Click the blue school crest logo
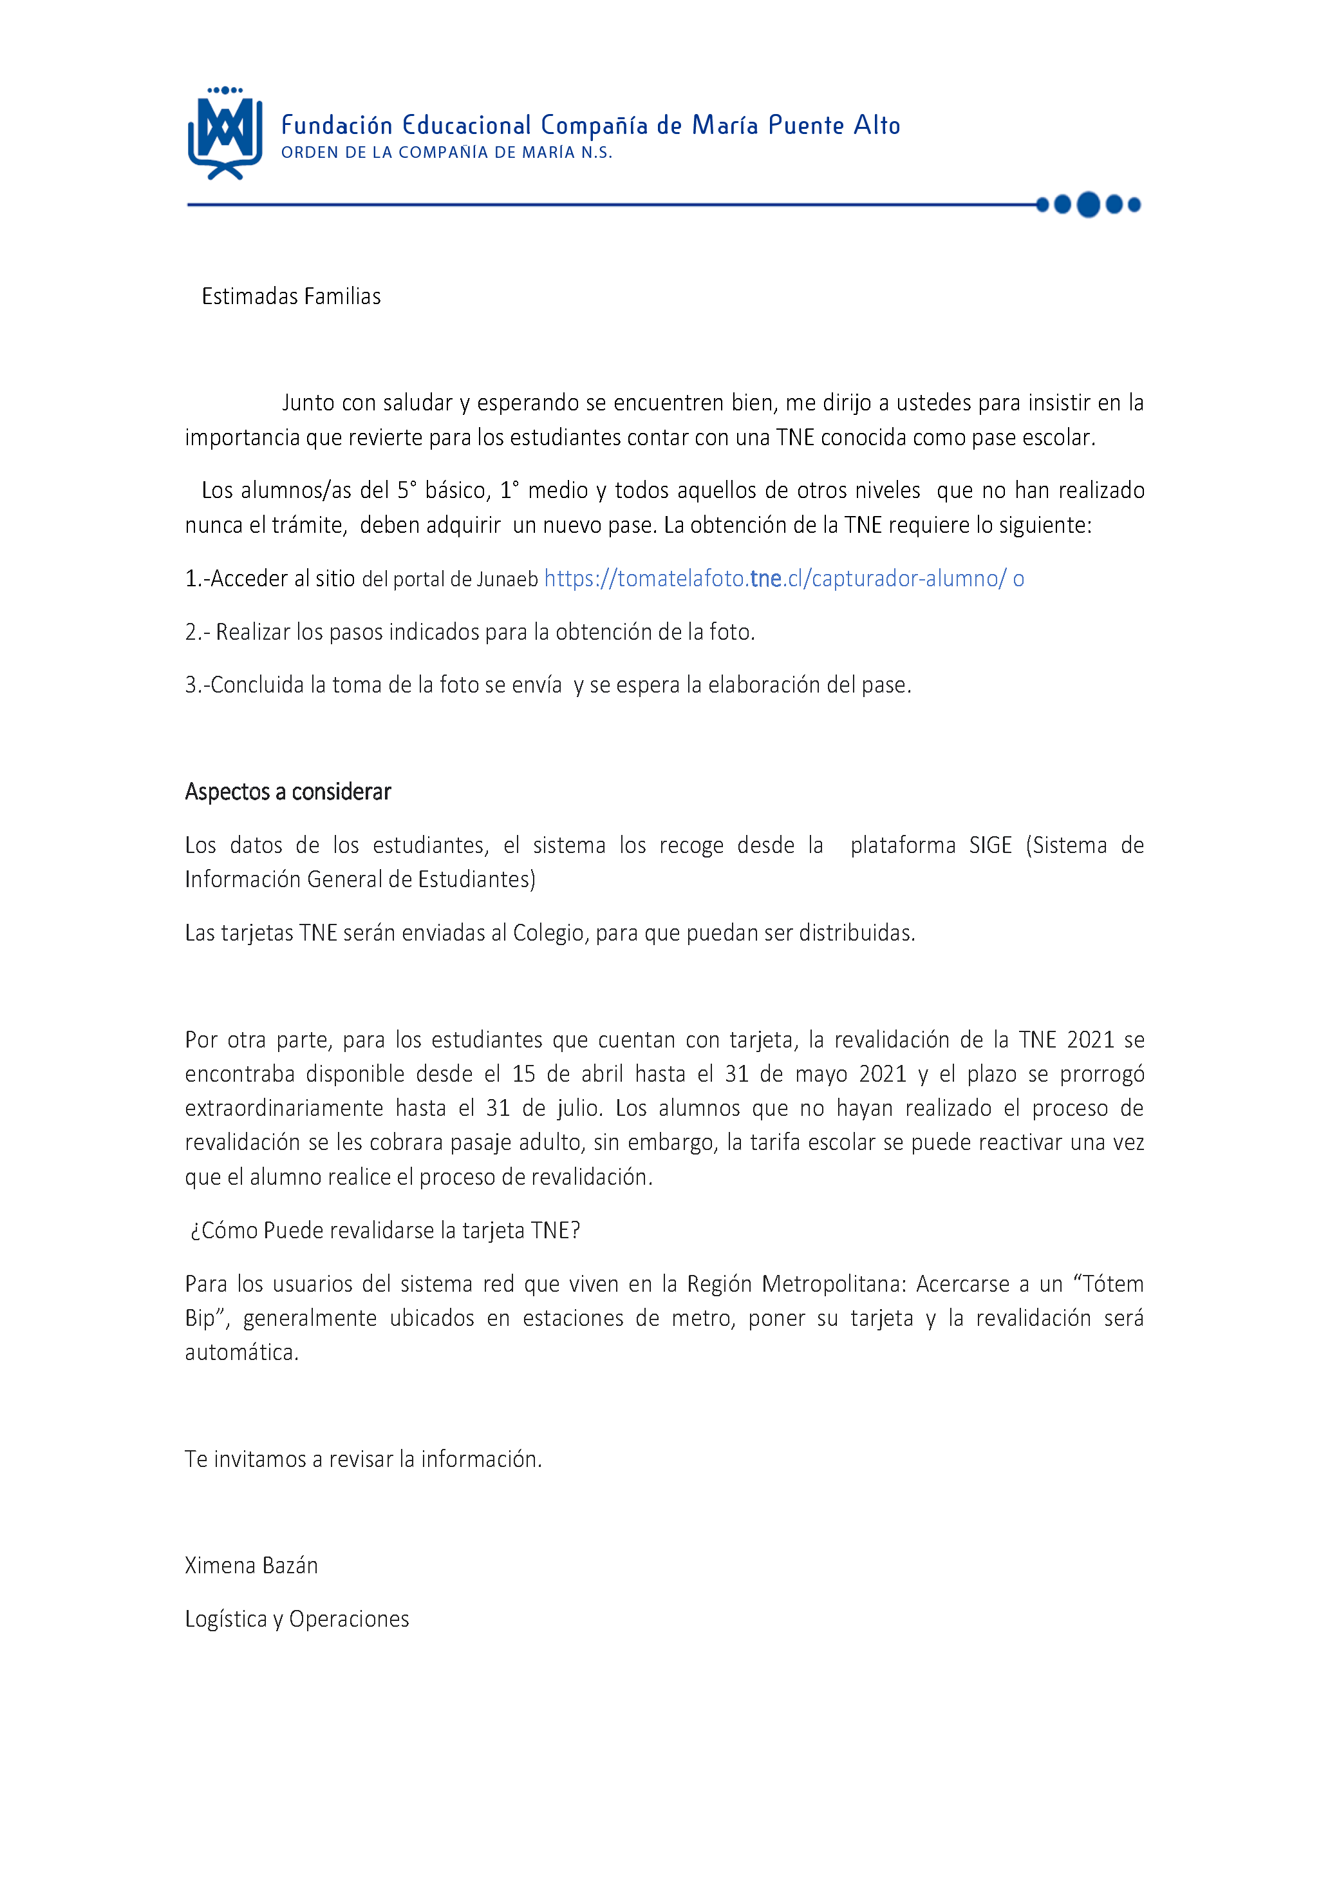pyautogui.click(x=225, y=133)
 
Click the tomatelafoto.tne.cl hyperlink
pyautogui.click(x=774, y=579)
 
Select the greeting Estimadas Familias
pyautogui.click(x=291, y=296)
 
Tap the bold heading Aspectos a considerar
pyautogui.click(x=288, y=792)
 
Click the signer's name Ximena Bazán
pyautogui.click(x=252, y=1566)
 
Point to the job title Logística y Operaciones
pyautogui.click(x=297, y=1619)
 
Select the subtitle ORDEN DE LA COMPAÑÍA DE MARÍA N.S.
pyautogui.click(x=446, y=153)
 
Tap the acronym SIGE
pyautogui.click(x=990, y=846)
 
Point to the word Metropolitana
pyautogui.click(x=834, y=1284)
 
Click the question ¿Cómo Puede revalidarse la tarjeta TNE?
pyautogui.click(x=385, y=1231)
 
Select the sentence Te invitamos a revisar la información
pyautogui.click(x=363, y=1459)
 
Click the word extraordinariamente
pyautogui.click(x=283, y=1109)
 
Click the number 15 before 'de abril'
pyautogui.click(x=523, y=1074)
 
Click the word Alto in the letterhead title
pyautogui.click(x=876, y=126)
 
